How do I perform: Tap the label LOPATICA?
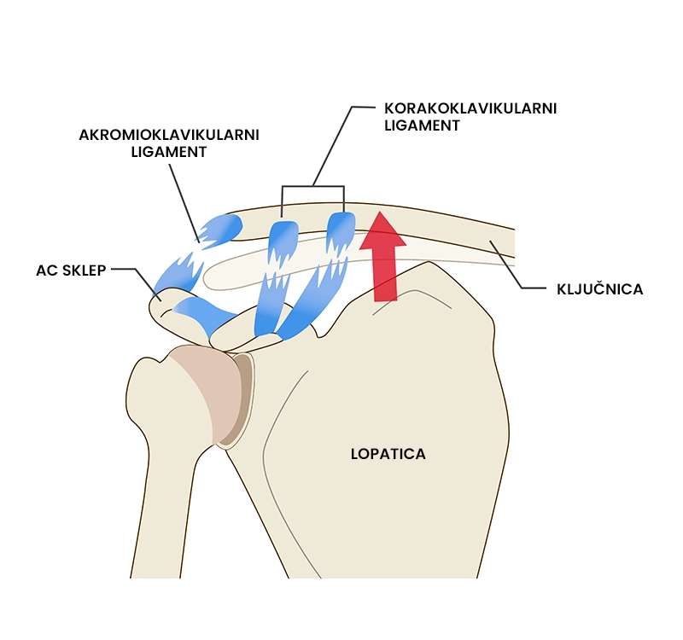pyautogui.click(x=388, y=454)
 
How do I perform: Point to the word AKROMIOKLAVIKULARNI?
pyautogui.click(x=168, y=136)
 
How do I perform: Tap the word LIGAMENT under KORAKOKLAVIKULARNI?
pyautogui.click(x=423, y=125)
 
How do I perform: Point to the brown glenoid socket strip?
pyautogui.click(x=242, y=397)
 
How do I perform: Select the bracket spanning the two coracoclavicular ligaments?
pyautogui.click(x=312, y=187)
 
